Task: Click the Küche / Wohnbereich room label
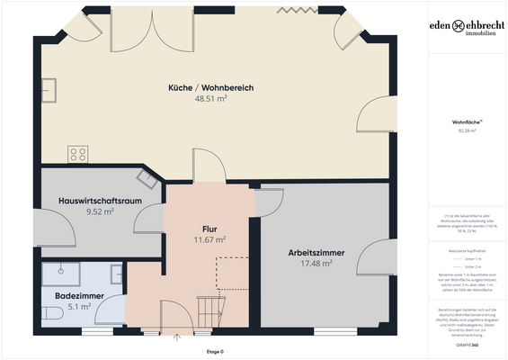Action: click(x=210, y=87)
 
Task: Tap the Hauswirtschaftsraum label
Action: click(x=99, y=200)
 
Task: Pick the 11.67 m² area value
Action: click(x=209, y=240)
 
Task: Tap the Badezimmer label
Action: click(x=78, y=294)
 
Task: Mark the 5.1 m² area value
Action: click(x=78, y=306)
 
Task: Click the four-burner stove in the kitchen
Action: click(x=78, y=153)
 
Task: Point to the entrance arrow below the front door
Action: click(x=178, y=340)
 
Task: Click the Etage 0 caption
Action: click(x=215, y=351)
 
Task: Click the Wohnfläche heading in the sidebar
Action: click(x=466, y=121)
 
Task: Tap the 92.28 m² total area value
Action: click(x=466, y=131)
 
